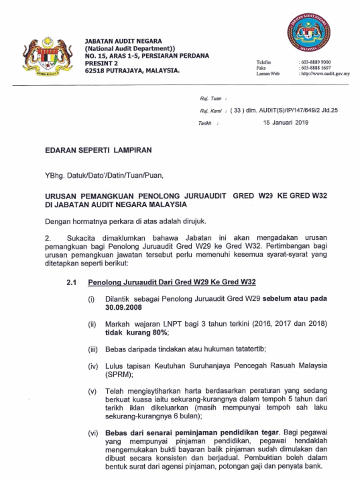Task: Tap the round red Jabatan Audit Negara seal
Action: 308,32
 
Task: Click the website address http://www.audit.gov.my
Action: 325,74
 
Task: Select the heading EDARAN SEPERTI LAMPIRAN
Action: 98,150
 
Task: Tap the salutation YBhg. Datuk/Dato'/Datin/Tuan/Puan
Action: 105,176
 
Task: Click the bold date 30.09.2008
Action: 123,307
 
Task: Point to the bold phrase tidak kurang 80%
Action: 136,332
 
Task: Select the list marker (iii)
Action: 93,349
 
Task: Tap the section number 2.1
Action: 72,282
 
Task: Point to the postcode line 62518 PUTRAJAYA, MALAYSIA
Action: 132,71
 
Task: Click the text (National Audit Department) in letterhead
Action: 129,48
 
